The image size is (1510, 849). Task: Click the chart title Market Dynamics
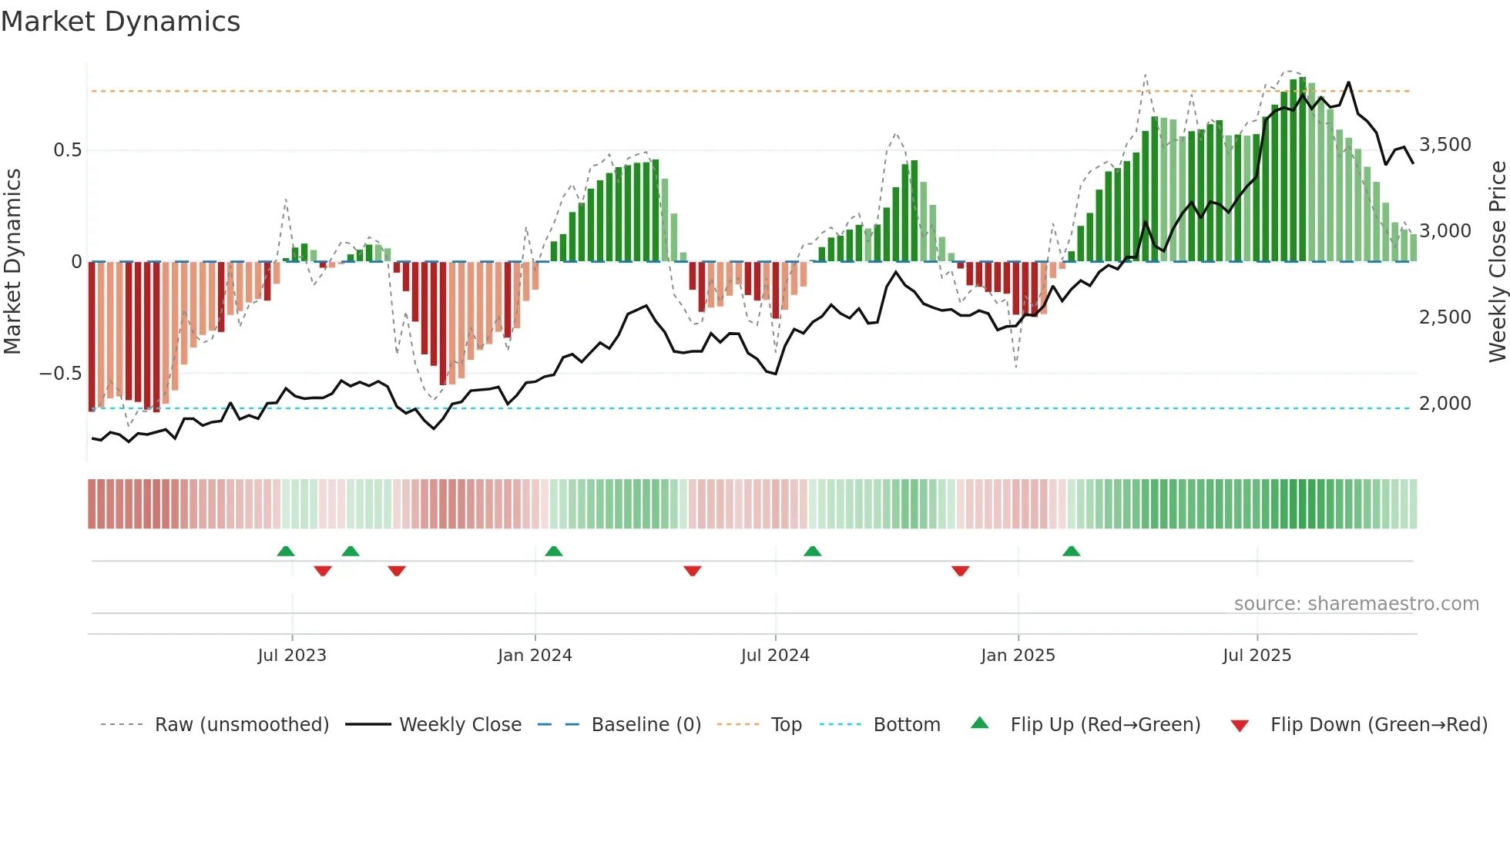tap(120, 22)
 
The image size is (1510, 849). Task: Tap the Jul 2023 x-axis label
tap(292, 656)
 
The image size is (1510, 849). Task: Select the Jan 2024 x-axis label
tap(535, 656)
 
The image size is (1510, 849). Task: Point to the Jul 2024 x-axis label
tap(775, 656)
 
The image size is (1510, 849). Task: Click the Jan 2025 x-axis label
tap(1018, 656)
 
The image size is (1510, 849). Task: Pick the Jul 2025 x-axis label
tap(1257, 656)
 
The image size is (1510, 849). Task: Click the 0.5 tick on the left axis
tap(67, 150)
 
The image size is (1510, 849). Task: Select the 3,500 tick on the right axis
tap(1445, 145)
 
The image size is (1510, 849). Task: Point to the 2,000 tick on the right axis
tap(1445, 404)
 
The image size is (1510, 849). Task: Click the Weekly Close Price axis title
tap(1497, 262)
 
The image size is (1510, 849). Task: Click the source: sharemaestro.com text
tap(1356, 604)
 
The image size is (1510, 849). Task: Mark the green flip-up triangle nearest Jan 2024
tap(553, 551)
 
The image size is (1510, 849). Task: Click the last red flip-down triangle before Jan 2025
tap(960, 571)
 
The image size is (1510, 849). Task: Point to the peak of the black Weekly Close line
tap(1348, 82)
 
